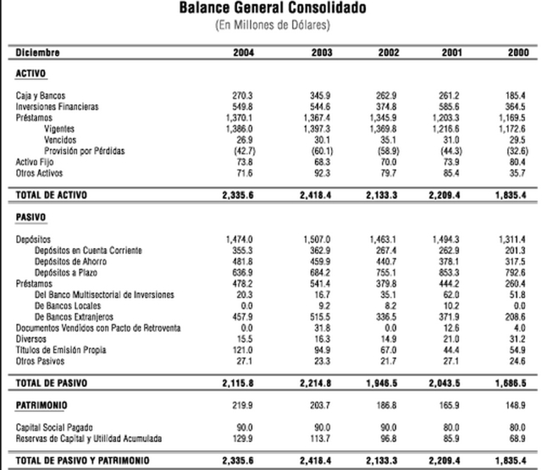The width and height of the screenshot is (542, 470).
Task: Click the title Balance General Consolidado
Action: [x=273, y=8]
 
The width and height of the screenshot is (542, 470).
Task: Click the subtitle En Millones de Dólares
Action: [x=273, y=25]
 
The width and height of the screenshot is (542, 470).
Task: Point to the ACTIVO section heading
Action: [x=30, y=74]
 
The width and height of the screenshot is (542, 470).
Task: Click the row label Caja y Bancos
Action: [x=41, y=96]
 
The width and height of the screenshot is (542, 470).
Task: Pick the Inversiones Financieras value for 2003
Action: [x=316, y=107]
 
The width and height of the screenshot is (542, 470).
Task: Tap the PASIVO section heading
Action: [x=30, y=218]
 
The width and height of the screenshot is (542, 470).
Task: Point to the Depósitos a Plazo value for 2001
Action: [x=449, y=273]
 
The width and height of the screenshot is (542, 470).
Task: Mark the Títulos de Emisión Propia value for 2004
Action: [x=243, y=349]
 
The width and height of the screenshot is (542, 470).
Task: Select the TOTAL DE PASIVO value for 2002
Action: [x=383, y=382]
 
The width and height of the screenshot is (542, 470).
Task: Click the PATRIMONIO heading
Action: [x=41, y=405]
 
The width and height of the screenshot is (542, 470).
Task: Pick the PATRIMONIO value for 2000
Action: [x=517, y=405]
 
